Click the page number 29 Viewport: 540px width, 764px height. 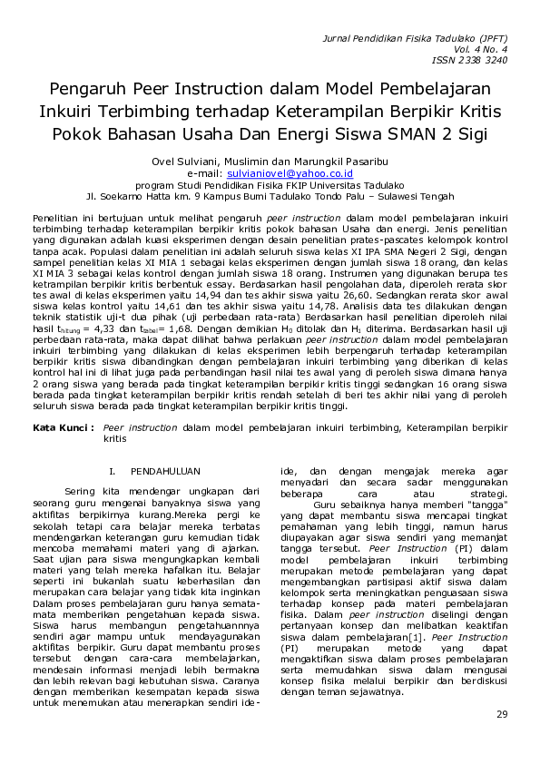point(501,715)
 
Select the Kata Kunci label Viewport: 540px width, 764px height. point(64,426)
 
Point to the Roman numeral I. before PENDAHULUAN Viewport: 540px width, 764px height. point(113,473)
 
